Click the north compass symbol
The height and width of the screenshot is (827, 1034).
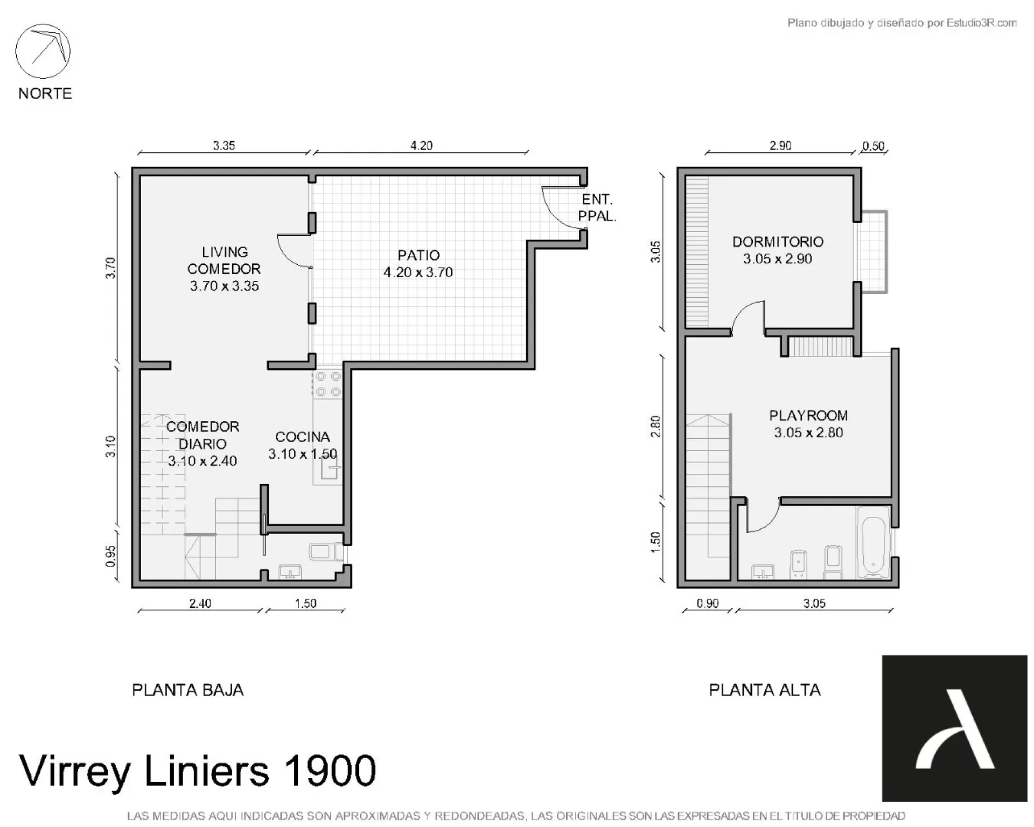click(x=43, y=51)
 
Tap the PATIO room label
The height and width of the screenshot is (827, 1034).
click(x=418, y=255)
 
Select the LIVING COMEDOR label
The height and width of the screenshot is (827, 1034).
click(x=224, y=261)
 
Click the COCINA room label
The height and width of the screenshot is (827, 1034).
click(x=302, y=437)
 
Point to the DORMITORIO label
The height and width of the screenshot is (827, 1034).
click(x=778, y=242)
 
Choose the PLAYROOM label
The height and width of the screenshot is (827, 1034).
click(x=808, y=416)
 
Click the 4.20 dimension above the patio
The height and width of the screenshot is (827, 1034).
click(x=421, y=145)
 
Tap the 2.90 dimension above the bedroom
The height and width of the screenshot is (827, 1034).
click(x=780, y=145)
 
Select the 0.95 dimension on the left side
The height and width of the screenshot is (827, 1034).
click(x=110, y=556)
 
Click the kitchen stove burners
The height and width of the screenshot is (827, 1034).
click(x=328, y=384)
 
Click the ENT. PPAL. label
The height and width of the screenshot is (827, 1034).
click(x=597, y=208)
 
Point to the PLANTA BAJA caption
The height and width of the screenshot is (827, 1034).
click(x=187, y=690)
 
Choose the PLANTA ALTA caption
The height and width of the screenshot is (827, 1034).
click(x=765, y=690)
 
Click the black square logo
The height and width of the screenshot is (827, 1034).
click(x=954, y=728)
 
